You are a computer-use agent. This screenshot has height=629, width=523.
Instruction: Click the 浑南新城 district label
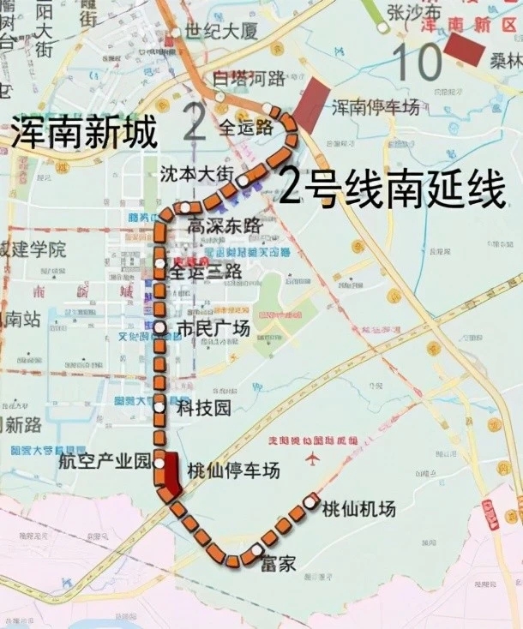point(84,134)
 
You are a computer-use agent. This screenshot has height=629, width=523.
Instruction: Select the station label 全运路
point(245,128)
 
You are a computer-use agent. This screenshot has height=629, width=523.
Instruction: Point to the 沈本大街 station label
point(196,173)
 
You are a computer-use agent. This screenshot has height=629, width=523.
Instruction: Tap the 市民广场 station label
point(213,328)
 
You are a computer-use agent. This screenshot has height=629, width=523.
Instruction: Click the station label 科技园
point(203,409)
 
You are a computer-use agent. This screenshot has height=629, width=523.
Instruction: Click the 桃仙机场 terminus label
point(358,509)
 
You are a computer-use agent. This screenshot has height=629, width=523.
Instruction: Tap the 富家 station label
point(276,564)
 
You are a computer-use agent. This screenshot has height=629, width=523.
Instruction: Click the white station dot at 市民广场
point(159,327)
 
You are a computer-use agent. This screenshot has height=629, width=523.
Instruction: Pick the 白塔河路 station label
point(249,79)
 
